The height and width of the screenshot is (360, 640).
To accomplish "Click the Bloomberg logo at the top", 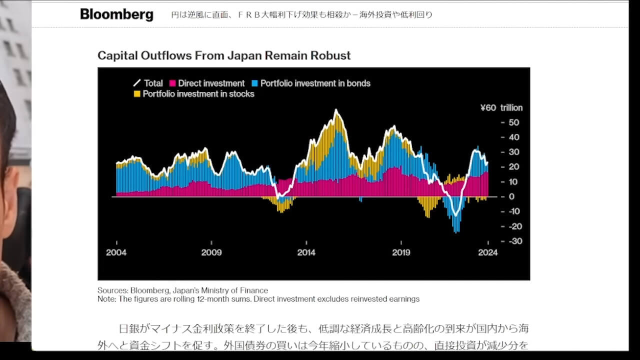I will [x=116, y=14].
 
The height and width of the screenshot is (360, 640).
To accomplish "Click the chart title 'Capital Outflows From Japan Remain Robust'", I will [x=224, y=55].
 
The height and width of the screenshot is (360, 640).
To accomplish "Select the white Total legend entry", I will [x=148, y=83].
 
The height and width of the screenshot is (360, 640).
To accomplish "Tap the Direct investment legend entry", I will [x=207, y=83].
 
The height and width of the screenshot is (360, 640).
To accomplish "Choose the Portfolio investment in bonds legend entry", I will [x=311, y=83].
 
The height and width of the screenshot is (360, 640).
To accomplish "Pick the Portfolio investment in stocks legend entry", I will [x=194, y=94].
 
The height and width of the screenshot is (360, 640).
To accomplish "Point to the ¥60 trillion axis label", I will [x=501, y=107].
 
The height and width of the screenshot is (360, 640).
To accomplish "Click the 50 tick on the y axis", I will [x=513, y=122].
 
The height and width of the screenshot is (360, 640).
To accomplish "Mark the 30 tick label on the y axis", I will [x=513, y=152].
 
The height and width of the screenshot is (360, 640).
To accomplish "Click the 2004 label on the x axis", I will [x=116, y=252].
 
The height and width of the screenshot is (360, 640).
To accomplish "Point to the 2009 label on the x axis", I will [x=211, y=252].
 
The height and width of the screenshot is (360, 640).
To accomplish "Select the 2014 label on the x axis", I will [x=306, y=252].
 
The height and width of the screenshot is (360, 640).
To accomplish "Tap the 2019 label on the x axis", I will [x=401, y=252].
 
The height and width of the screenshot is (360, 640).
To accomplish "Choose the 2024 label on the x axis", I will [x=487, y=252].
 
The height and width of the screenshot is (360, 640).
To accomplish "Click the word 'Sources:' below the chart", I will [x=112, y=290].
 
